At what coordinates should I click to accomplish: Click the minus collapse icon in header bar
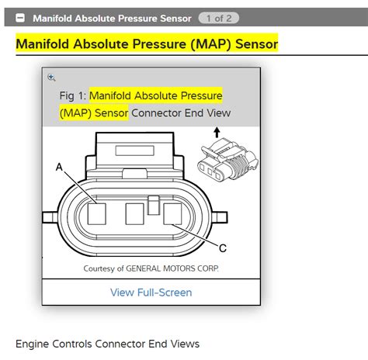click(21, 17)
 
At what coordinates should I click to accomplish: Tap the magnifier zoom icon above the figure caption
click(52, 77)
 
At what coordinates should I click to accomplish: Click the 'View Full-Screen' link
click(151, 292)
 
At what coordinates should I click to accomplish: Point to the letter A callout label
click(59, 167)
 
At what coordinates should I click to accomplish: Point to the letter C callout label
click(223, 247)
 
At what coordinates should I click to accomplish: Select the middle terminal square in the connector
click(135, 213)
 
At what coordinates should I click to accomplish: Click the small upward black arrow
click(215, 135)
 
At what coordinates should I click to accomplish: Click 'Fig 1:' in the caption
click(72, 95)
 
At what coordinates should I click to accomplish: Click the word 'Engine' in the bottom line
click(34, 343)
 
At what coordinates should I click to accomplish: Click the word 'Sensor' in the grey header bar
click(173, 17)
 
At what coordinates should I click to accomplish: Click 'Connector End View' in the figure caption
click(181, 113)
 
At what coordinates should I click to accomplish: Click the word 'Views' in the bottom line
click(184, 343)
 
